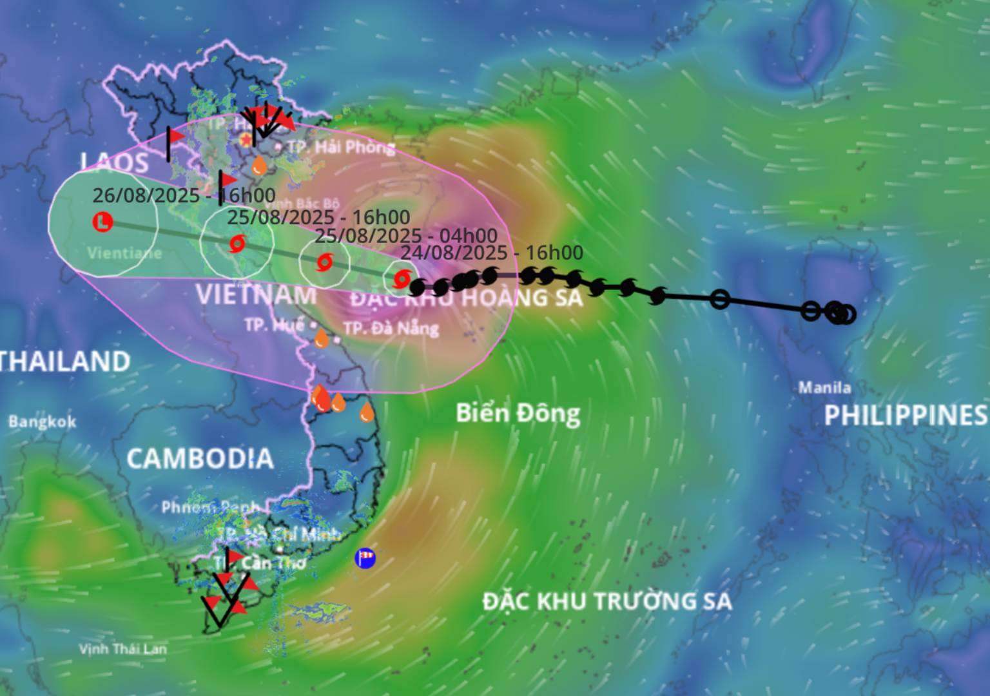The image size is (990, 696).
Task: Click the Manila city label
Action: click(x=824, y=387)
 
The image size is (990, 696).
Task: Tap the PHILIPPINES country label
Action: click(x=906, y=415)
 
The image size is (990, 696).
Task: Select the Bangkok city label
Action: click(x=42, y=422)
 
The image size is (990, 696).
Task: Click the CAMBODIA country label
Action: click(x=200, y=458)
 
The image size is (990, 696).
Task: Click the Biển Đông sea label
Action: click(x=518, y=413)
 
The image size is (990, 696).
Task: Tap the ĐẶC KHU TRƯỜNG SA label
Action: click(x=607, y=601)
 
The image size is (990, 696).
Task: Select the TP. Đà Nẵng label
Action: click(x=391, y=328)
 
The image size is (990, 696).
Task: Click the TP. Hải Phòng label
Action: click(x=341, y=147)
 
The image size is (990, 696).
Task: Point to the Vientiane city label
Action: click(x=124, y=253)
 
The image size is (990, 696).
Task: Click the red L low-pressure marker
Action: click(x=103, y=222)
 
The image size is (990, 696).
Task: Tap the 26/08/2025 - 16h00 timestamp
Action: click(x=184, y=195)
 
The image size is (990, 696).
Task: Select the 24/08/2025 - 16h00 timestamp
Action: click(x=491, y=253)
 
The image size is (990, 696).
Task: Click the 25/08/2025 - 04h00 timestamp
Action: click(x=406, y=236)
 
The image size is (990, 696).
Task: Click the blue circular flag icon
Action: click(x=365, y=557)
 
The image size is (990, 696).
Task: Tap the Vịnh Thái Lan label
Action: click(x=122, y=648)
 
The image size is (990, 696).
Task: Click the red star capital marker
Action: click(x=246, y=139)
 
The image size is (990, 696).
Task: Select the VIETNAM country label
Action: click(x=256, y=295)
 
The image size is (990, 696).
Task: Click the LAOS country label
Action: click(x=115, y=162)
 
